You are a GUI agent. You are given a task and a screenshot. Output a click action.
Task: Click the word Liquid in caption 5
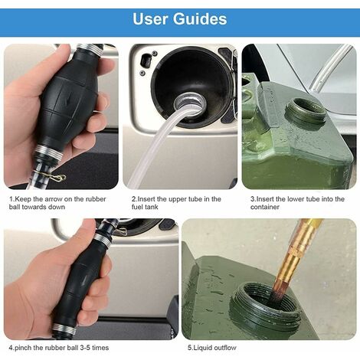click(202, 349)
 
